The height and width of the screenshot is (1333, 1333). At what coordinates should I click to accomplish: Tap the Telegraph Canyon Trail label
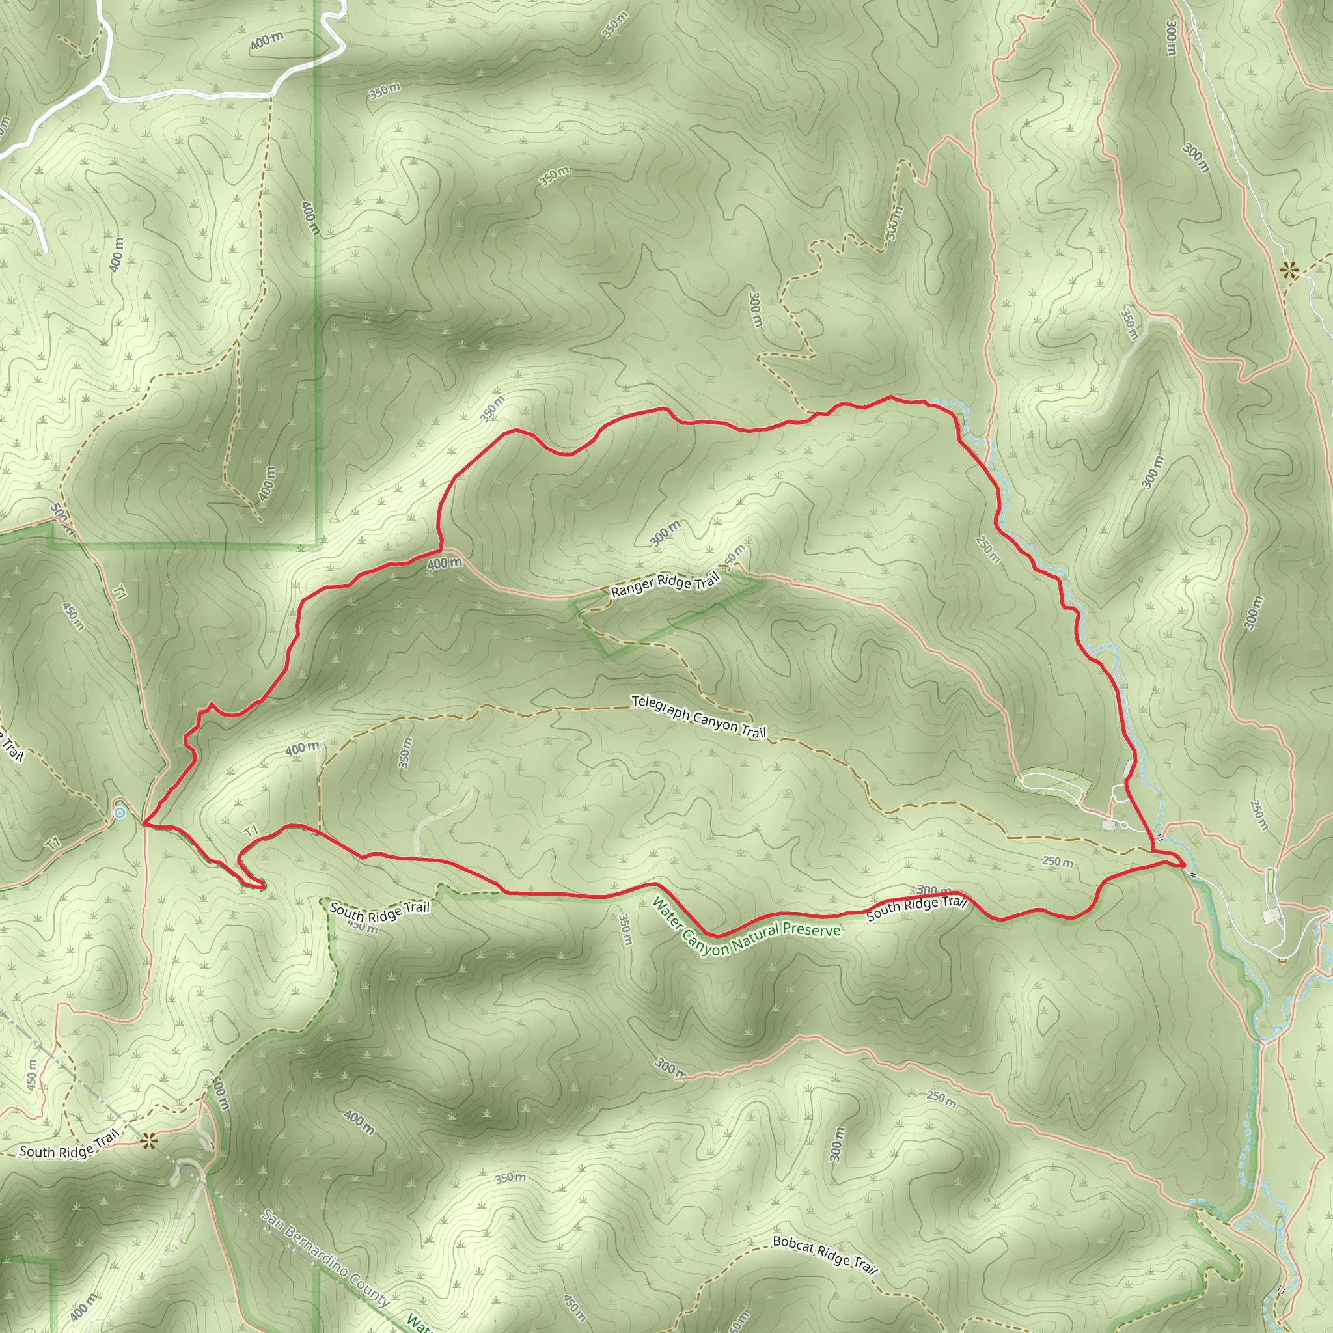click(698, 717)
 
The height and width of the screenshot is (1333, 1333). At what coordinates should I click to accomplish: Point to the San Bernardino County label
click(325, 1257)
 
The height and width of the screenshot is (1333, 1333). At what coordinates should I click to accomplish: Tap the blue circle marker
click(119, 813)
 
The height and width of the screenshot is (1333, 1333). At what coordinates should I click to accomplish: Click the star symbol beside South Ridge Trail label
click(148, 1142)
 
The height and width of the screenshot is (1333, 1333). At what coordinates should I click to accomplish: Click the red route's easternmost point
click(1184, 864)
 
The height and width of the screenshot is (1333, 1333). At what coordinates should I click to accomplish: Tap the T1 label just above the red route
click(251, 832)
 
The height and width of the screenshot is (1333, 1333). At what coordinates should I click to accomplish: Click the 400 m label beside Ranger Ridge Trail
click(445, 564)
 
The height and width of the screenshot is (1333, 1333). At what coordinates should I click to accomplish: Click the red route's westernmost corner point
click(143, 824)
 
